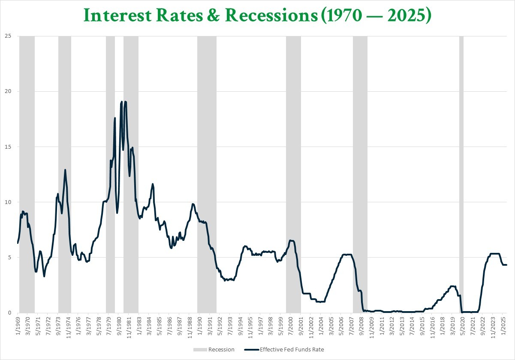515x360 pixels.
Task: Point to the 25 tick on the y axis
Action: [8, 36]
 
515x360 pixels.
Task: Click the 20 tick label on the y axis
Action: [8, 91]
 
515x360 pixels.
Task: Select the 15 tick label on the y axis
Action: [8, 147]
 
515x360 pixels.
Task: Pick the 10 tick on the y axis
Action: [8, 202]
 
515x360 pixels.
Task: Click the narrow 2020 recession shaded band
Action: [461, 171]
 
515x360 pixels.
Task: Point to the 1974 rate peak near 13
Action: [65, 170]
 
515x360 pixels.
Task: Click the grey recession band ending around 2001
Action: [293, 171]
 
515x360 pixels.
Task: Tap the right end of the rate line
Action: [506, 265]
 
